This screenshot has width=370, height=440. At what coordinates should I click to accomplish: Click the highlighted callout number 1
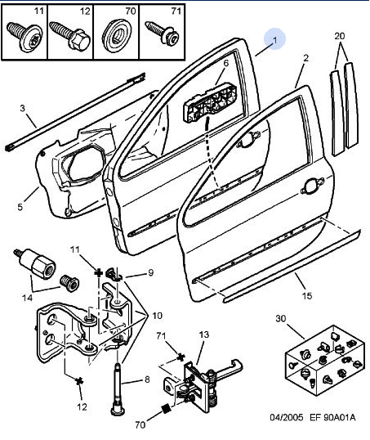click(274, 40)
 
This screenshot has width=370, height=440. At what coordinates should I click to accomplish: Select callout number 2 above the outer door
click(305, 58)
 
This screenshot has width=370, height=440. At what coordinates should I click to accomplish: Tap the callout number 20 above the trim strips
click(340, 36)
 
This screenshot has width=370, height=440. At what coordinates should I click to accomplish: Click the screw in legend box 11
click(25, 37)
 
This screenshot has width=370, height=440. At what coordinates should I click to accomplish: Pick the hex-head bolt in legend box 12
click(70, 36)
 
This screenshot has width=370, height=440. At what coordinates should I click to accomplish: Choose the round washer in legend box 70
click(117, 36)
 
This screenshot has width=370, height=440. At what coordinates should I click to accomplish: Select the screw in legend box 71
click(162, 33)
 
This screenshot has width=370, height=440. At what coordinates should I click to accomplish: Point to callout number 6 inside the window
click(226, 63)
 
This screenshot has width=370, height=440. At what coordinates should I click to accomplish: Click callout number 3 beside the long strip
click(22, 108)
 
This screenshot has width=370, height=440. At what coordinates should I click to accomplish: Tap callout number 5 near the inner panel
click(20, 207)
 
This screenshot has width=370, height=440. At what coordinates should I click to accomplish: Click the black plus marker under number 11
click(98, 272)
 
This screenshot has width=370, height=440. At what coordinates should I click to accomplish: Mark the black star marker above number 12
click(79, 381)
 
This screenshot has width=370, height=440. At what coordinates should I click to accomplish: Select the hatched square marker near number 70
click(167, 409)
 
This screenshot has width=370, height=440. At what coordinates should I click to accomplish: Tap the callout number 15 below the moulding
click(307, 295)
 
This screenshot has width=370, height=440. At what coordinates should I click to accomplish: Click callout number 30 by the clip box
click(281, 318)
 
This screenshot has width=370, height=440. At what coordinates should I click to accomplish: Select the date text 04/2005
click(287, 417)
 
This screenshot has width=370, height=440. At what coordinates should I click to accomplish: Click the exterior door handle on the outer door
click(312, 186)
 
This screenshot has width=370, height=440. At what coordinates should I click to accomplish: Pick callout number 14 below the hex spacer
click(27, 298)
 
